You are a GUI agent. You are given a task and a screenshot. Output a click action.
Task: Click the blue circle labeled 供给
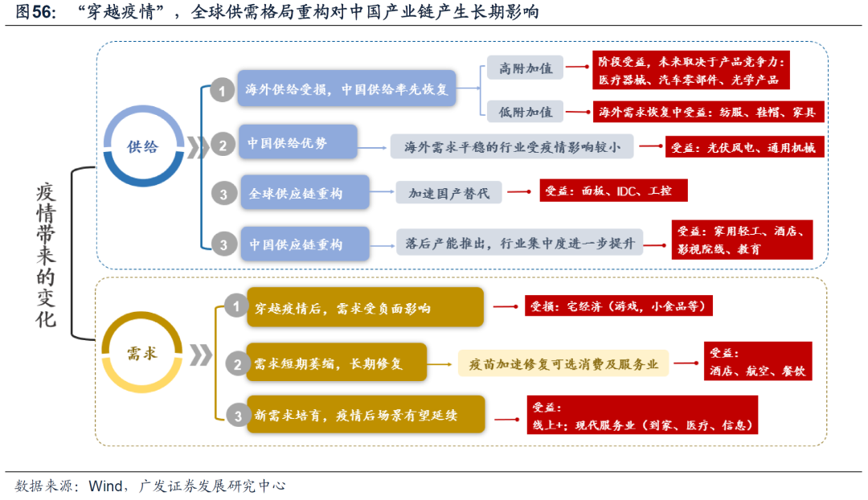point(143,146)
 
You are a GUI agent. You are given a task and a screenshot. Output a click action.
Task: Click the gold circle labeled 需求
point(142,353)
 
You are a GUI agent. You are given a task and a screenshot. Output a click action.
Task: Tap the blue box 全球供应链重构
point(305,193)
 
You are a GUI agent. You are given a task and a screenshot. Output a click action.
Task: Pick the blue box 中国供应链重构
point(305,244)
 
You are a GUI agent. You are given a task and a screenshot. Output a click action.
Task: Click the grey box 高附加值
point(525,68)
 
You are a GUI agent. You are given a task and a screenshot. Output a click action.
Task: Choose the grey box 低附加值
point(525,113)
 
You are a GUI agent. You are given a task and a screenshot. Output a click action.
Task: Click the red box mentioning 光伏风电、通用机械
point(744,147)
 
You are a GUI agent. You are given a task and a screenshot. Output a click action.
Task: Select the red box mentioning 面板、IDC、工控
point(613,191)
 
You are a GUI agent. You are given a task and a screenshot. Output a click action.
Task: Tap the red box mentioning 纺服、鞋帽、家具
point(709,113)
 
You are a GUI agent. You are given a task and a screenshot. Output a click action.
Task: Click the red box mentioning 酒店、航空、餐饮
point(756,363)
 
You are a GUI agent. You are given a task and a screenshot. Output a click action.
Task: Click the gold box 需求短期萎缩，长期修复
point(336,363)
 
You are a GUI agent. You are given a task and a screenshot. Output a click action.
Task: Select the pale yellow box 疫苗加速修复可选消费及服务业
point(563,363)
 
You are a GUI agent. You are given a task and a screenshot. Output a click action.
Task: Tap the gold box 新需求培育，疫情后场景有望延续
point(365,415)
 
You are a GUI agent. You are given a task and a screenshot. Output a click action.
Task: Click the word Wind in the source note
point(104,486)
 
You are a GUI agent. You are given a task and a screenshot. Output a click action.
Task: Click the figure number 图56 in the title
point(34,12)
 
